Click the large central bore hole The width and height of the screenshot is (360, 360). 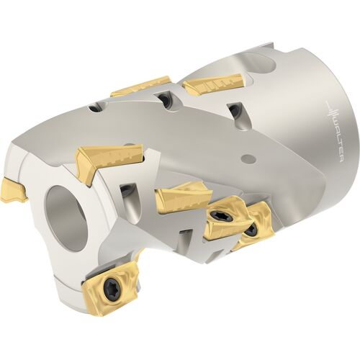point(67,218)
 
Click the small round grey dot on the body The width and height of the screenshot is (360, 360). point(246,158)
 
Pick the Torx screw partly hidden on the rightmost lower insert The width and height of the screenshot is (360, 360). point(251,229)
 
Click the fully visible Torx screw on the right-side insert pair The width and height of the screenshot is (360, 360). point(220,217)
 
